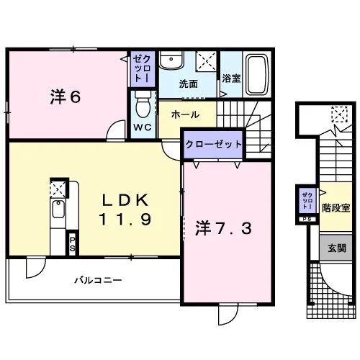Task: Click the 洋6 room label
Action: coord(66,96)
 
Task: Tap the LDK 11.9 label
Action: coord(125,210)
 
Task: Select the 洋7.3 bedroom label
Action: coord(223,228)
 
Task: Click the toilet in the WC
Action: coord(143,104)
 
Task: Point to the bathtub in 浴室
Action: coord(257,75)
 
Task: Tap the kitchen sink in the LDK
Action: coord(58,209)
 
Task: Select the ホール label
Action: coord(185,114)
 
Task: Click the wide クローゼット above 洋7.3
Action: coord(213,144)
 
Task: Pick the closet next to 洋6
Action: coord(143,69)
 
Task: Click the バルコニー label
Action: coord(98,280)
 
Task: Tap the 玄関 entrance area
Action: coord(336,248)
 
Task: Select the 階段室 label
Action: coord(336,208)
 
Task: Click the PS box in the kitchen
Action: coord(72,243)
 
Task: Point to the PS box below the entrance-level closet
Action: coord(307,219)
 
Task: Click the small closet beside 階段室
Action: coord(307,201)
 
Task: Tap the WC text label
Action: coord(143,127)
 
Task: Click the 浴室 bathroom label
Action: coord(231,78)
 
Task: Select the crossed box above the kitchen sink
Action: coord(58,189)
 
